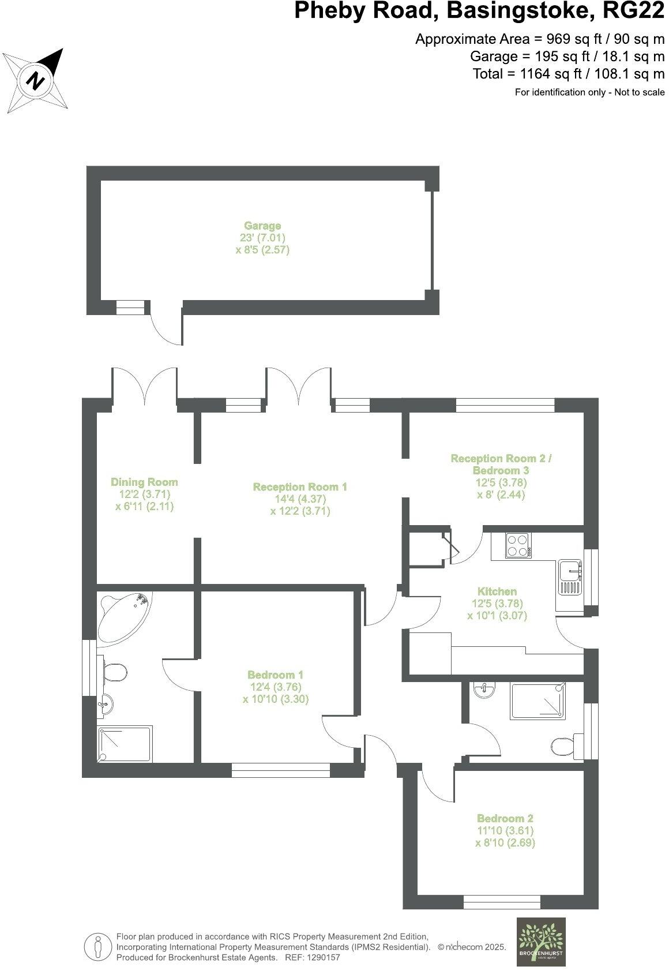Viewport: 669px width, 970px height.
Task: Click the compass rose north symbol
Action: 37,80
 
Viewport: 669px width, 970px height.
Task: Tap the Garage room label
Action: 262,226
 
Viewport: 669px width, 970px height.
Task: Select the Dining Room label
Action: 144,482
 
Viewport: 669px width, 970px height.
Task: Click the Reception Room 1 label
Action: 300,487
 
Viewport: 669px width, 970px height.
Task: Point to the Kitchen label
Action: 497,591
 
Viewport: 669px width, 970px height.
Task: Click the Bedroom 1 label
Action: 276,675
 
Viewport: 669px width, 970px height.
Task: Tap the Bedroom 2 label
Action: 505,818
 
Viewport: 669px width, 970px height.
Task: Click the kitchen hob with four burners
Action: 518,545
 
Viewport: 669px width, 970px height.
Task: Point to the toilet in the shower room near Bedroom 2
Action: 564,744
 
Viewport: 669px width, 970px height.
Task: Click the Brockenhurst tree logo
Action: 540,941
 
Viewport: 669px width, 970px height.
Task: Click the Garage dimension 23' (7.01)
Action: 263,238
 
